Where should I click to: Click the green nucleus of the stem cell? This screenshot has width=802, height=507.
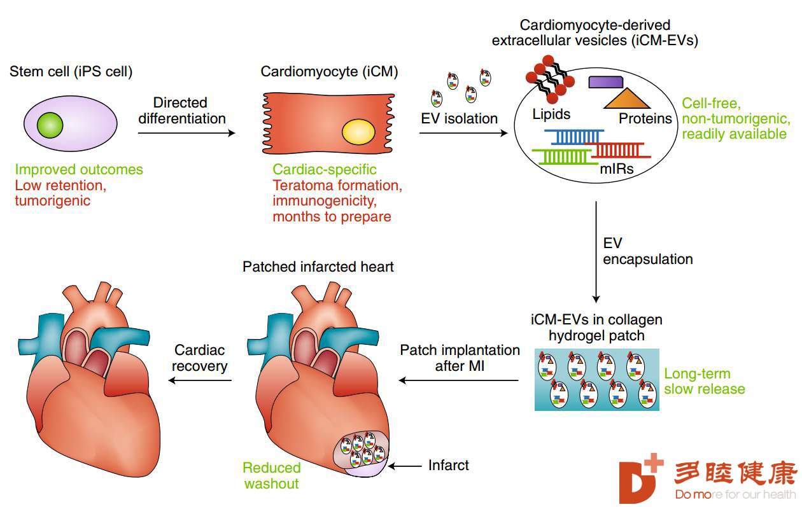(x=50, y=125)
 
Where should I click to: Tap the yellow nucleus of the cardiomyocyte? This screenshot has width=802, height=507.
(x=358, y=132)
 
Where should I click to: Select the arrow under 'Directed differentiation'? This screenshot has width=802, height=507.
(x=186, y=133)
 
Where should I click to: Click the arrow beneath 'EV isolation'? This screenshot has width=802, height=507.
(x=463, y=133)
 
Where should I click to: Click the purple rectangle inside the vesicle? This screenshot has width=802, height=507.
(x=606, y=82)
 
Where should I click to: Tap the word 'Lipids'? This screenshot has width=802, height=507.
(x=551, y=114)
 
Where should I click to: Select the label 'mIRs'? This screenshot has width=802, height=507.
(x=617, y=169)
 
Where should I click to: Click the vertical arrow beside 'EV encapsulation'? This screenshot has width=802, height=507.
(x=596, y=252)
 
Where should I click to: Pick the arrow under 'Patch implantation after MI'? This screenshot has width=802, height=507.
(x=459, y=380)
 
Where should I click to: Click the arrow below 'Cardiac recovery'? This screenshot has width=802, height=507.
(x=200, y=380)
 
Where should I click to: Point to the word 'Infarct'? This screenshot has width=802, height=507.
(x=448, y=465)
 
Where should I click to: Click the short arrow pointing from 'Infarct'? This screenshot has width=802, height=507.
(x=405, y=466)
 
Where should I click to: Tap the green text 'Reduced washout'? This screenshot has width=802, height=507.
(x=271, y=476)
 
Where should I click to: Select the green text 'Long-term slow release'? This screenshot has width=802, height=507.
(x=704, y=381)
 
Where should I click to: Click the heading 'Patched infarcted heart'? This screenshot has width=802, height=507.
(x=318, y=267)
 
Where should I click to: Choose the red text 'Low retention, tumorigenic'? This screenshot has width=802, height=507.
(x=60, y=193)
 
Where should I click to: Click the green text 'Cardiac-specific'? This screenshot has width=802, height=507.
(x=325, y=169)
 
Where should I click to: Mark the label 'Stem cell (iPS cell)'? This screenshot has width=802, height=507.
(x=71, y=71)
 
